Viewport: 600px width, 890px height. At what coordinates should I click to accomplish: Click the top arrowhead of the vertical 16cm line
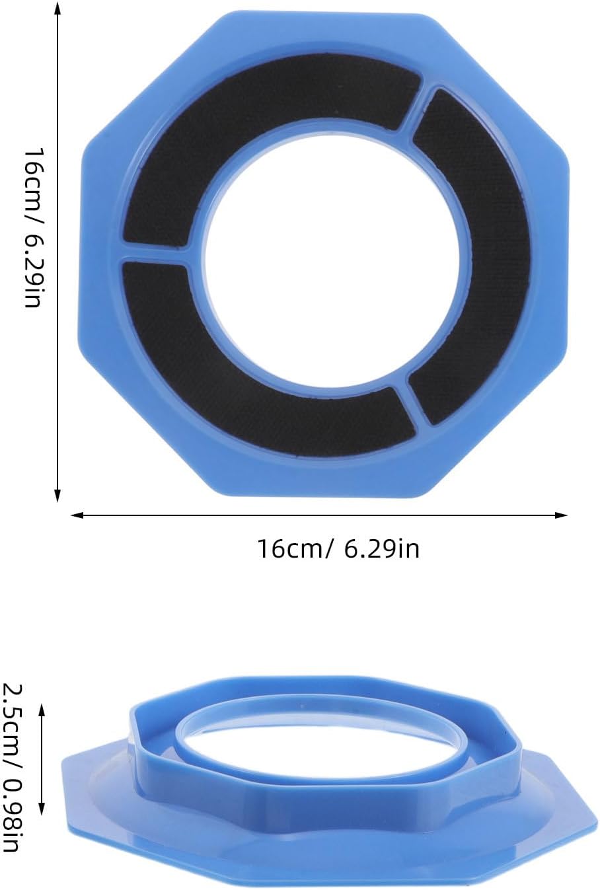pos(58,8)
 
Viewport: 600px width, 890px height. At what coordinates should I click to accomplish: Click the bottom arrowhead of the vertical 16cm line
pos(58,496)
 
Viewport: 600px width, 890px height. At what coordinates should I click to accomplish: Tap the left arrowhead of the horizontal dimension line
pos(77,515)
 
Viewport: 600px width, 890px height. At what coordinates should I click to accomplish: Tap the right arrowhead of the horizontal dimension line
pos(561,515)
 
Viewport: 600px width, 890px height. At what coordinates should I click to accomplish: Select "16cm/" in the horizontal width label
pos(293,549)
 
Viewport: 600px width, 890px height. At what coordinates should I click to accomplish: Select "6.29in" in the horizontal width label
pos(381,549)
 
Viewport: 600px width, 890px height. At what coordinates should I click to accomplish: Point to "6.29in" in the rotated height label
pos(34,271)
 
